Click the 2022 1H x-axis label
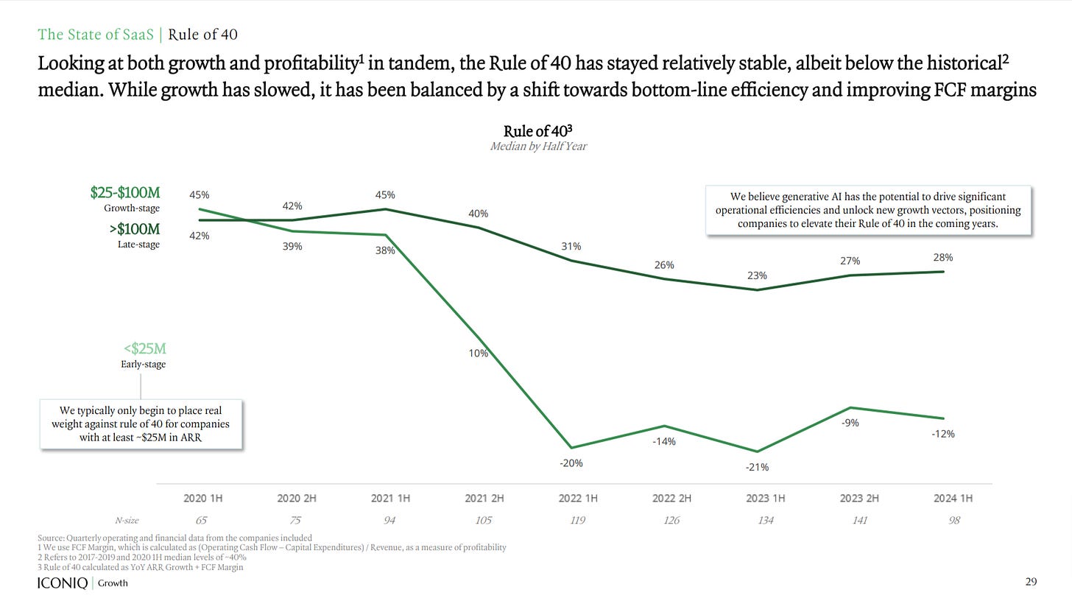point(578,499)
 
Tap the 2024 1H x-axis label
point(953,499)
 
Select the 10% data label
point(479,354)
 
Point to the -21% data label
point(757,467)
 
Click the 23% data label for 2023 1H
point(757,275)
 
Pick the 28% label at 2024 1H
point(943,258)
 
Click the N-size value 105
point(484,521)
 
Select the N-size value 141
point(859,521)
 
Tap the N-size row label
point(127,521)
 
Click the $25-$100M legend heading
point(124,193)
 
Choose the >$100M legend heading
point(134,229)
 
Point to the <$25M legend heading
point(144,348)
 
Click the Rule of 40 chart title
point(537,131)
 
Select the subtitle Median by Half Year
point(538,146)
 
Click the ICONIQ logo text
point(63,583)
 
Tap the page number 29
point(1031,582)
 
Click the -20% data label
point(571,463)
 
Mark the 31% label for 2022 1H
point(571,247)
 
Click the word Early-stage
point(144,365)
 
